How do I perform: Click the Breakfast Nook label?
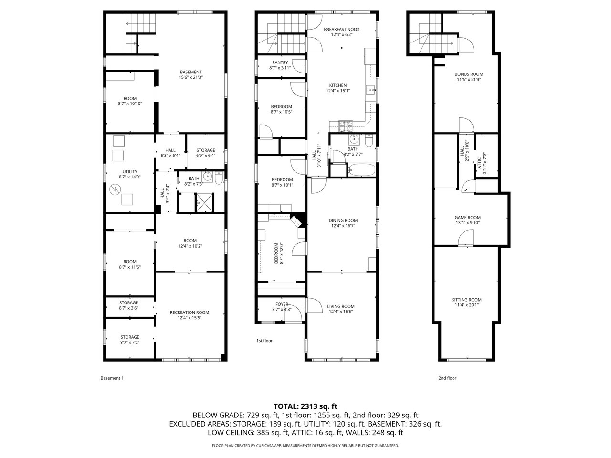(342, 29)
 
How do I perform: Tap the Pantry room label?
(280, 62)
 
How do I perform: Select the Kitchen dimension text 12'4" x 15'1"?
(338, 90)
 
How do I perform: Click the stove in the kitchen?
(346, 126)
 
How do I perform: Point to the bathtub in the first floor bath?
(362, 170)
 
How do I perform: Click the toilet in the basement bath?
(219, 178)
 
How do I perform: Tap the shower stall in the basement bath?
(205, 202)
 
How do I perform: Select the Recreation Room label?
(190, 312)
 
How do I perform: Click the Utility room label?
(130, 172)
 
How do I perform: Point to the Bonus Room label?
(469, 74)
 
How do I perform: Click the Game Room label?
(468, 218)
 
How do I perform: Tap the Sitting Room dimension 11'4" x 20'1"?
(466, 305)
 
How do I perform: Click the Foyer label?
(282, 304)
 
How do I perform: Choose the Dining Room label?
(343, 220)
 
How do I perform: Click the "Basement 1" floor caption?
(112, 378)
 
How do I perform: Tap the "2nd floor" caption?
(447, 378)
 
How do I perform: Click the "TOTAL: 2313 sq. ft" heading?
(305, 406)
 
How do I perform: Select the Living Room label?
(341, 306)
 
